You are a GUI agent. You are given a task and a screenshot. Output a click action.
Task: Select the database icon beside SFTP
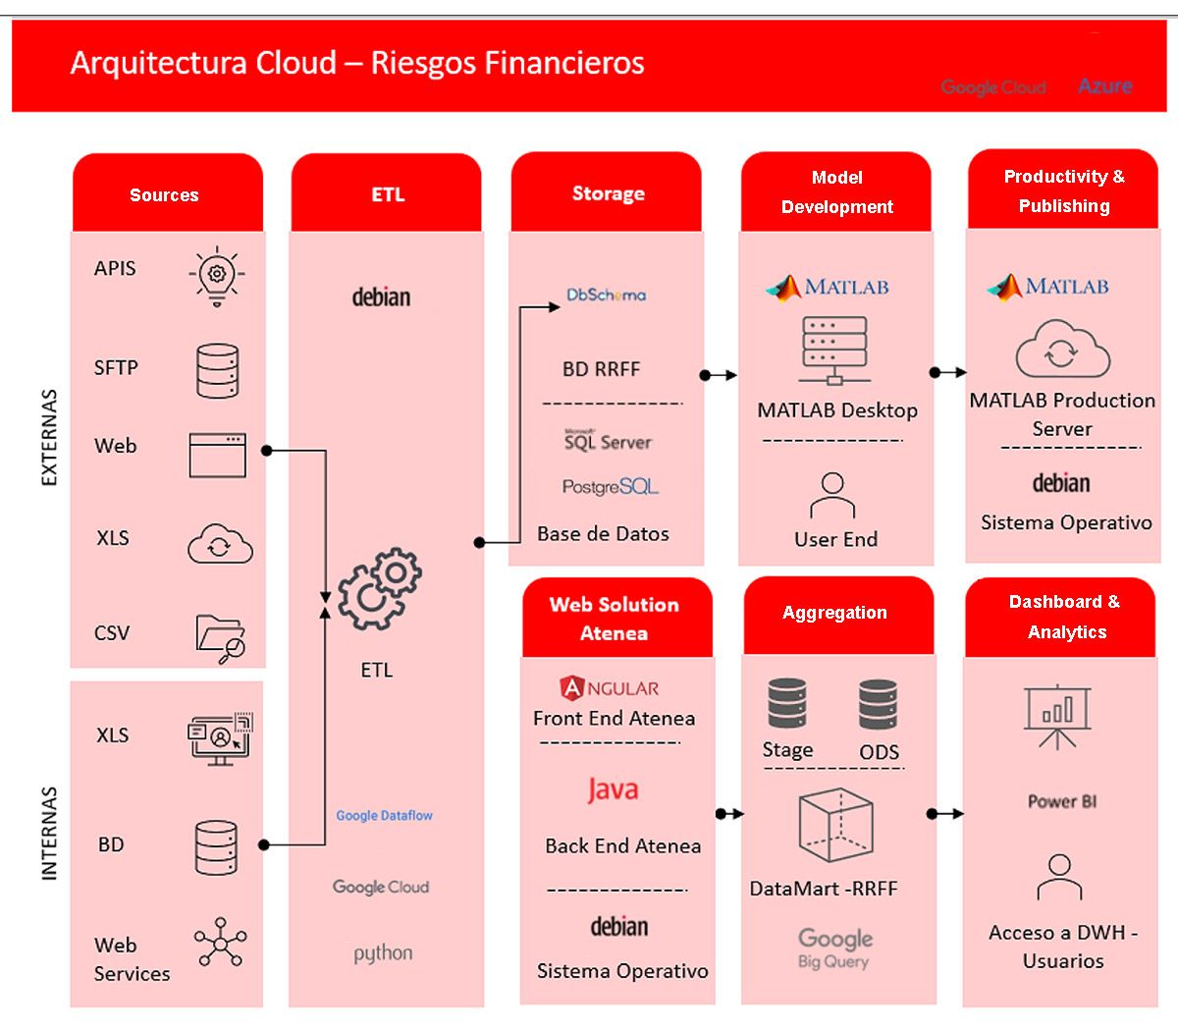tap(217, 370)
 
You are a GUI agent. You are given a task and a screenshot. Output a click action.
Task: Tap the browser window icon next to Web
tap(217, 456)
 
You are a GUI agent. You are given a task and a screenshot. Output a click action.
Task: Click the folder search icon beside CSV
tap(221, 638)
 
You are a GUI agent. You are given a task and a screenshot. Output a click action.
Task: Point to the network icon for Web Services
tap(220, 945)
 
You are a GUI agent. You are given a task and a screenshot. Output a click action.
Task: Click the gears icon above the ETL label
tap(379, 589)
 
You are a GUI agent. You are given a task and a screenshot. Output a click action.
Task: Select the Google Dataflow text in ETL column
tap(384, 815)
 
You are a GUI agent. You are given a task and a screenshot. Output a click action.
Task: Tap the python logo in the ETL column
tap(383, 953)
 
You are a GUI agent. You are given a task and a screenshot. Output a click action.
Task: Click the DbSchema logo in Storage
tap(606, 295)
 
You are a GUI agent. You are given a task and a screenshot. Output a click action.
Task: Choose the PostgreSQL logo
tap(610, 487)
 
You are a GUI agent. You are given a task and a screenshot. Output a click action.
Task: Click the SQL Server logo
tap(608, 440)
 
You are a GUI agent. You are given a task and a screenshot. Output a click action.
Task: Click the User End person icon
tap(832, 495)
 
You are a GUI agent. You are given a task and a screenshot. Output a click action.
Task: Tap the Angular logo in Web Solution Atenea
tap(610, 688)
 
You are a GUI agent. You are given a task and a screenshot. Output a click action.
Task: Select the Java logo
tap(613, 789)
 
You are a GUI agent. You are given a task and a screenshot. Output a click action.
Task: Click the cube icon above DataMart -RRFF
tap(835, 828)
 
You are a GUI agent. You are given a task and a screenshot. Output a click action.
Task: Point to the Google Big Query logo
tap(834, 948)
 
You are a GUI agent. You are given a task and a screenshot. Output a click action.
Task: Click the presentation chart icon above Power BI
tap(1056, 716)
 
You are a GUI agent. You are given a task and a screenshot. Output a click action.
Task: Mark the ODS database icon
tap(878, 706)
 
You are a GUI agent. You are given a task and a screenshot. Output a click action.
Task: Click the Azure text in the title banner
tap(1104, 86)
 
